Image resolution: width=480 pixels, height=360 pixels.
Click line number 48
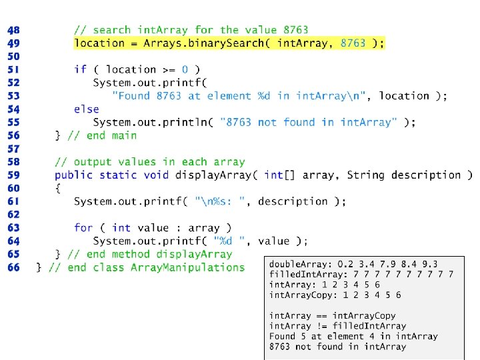[x=13, y=30]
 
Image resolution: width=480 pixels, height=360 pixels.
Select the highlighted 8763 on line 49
[x=353, y=43]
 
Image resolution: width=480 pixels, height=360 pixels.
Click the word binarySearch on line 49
[x=235, y=43]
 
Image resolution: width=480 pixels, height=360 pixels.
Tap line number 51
[x=13, y=69]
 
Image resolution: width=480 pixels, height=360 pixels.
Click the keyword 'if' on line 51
[x=80, y=69]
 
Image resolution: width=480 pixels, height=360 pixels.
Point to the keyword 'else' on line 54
[x=86, y=109]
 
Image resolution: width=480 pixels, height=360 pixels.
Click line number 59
[x=13, y=175]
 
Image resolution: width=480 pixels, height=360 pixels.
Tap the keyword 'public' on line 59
[x=74, y=175]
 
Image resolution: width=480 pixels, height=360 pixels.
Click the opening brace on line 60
[x=58, y=188]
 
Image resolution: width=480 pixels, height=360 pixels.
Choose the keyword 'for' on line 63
[x=83, y=227]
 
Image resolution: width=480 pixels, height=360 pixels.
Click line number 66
[x=13, y=267]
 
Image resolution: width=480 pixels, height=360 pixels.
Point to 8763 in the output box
[x=279, y=347]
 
